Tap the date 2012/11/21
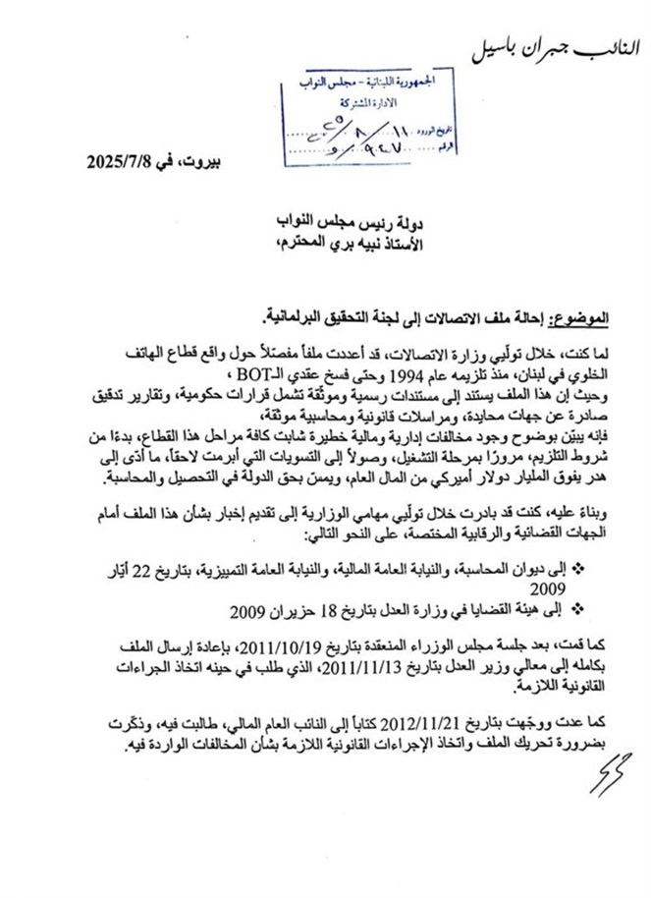445,722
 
